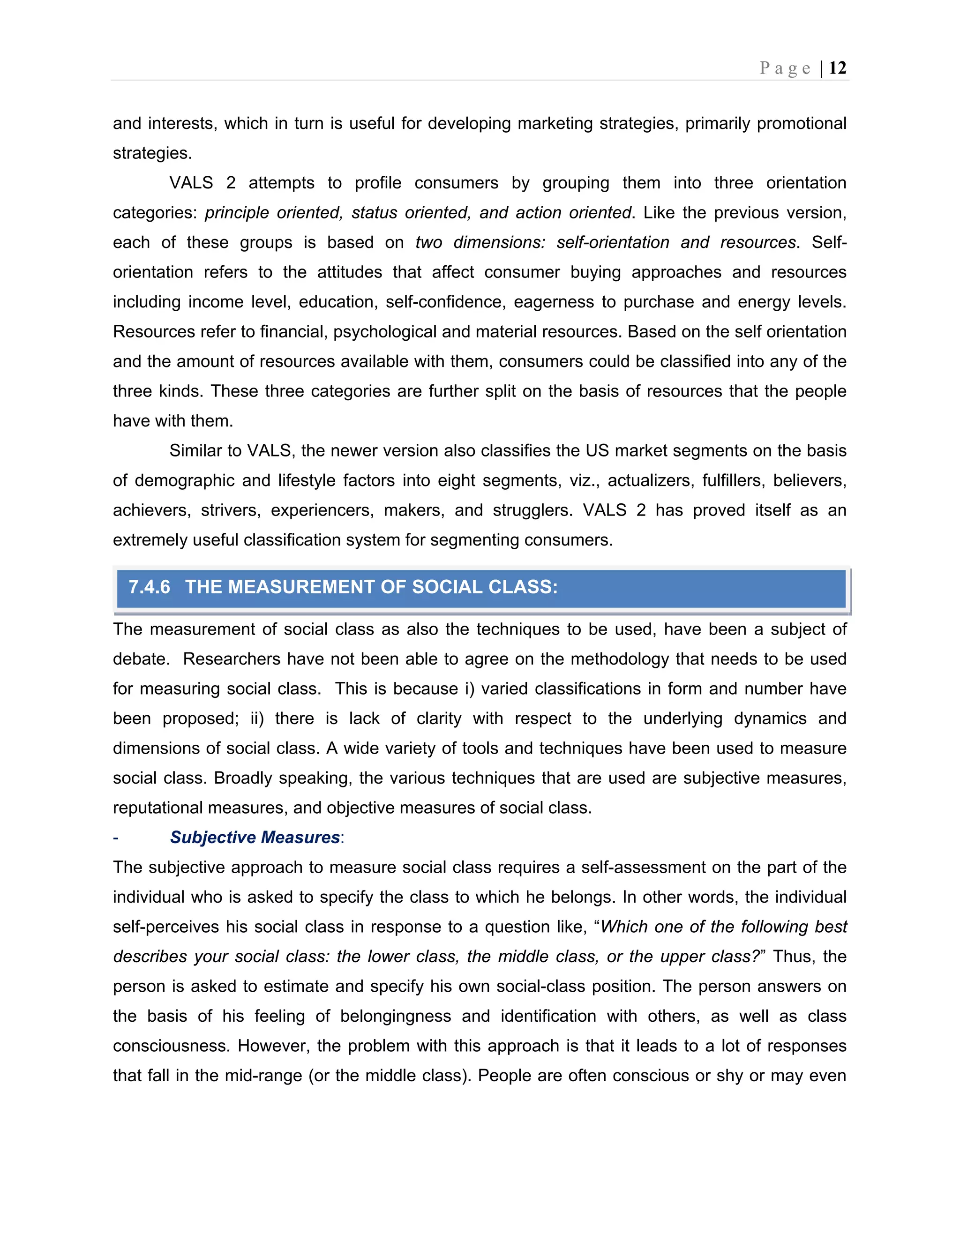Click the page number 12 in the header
point(837,68)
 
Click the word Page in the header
point(785,68)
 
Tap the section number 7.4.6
point(149,587)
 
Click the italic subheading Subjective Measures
point(255,837)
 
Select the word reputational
point(157,808)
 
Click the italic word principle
point(237,213)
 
